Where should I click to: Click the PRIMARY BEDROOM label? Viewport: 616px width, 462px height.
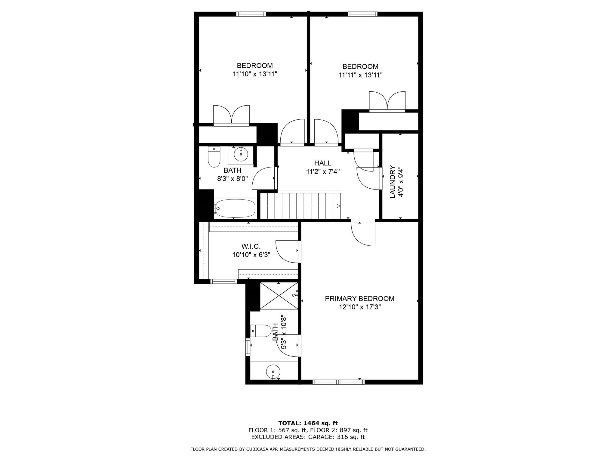pos(359,299)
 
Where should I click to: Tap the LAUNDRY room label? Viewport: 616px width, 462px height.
pos(393,182)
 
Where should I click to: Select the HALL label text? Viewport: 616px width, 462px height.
pos(323,163)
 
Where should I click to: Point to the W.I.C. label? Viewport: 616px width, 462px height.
pos(251,247)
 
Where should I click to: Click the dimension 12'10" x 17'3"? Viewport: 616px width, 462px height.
pos(360,307)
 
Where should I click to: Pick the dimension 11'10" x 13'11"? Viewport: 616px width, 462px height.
pos(255,74)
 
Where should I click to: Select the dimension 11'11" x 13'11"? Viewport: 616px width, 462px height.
pos(360,75)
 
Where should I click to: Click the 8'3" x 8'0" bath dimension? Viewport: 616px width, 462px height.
pos(233,179)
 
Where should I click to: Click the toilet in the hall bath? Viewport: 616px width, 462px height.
pos(214,157)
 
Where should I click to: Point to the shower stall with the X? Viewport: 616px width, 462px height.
pos(279,296)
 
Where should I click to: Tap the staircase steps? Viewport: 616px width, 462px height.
pos(300,206)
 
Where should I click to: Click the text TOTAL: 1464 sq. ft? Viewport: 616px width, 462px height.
pos(308,423)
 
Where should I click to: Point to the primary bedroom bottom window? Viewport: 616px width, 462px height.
pos(338,382)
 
